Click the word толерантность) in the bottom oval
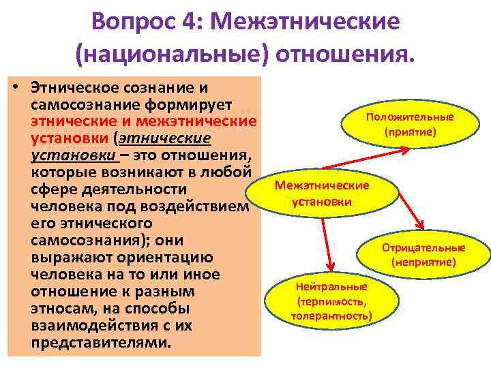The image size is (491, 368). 331,316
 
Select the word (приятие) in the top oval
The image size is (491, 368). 410,131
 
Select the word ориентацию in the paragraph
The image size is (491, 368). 177,258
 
